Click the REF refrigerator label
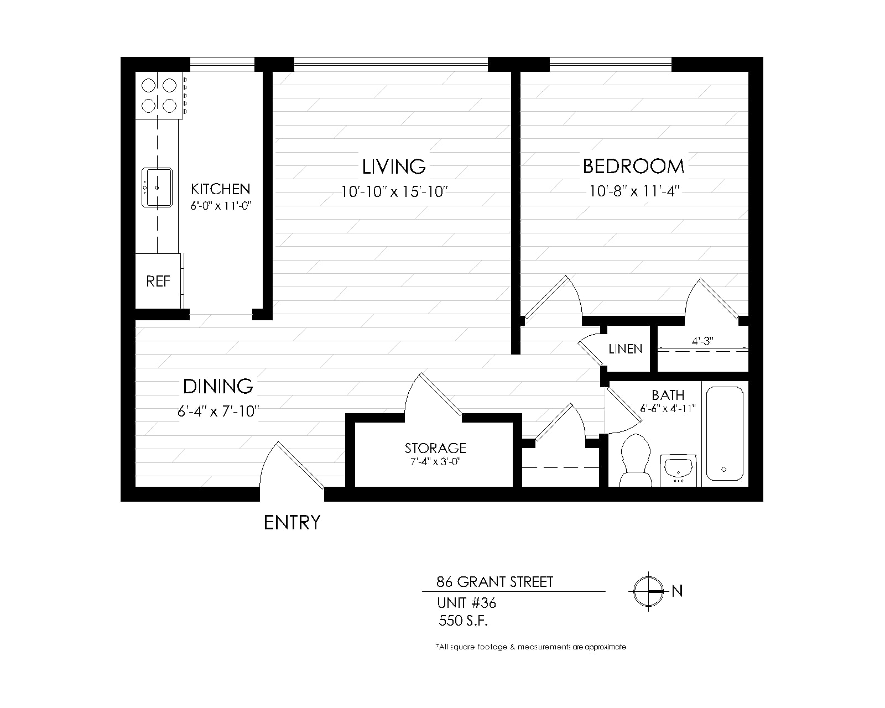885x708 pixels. point(158,282)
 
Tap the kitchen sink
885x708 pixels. point(157,187)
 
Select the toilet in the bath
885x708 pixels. point(636,460)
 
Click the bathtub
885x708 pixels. point(725,433)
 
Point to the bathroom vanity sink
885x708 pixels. point(678,470)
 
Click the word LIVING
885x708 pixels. point(394,166)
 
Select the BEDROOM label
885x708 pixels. point(633,166)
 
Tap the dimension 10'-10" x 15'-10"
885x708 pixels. point(394,192)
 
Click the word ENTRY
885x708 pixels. point(292,523)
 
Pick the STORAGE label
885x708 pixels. point(435,448)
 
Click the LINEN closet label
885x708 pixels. point(625,349)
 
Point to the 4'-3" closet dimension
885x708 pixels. point(702,341)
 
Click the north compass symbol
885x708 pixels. point(648,591)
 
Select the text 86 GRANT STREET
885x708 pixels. point(494,582)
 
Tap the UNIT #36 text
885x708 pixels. point(466,603)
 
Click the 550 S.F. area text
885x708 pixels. point(463,621)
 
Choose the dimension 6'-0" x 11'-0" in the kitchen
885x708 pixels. point(221,206)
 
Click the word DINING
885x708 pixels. point(218,386)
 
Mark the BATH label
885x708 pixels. point(668,395)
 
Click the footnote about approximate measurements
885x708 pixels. point(531,647)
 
